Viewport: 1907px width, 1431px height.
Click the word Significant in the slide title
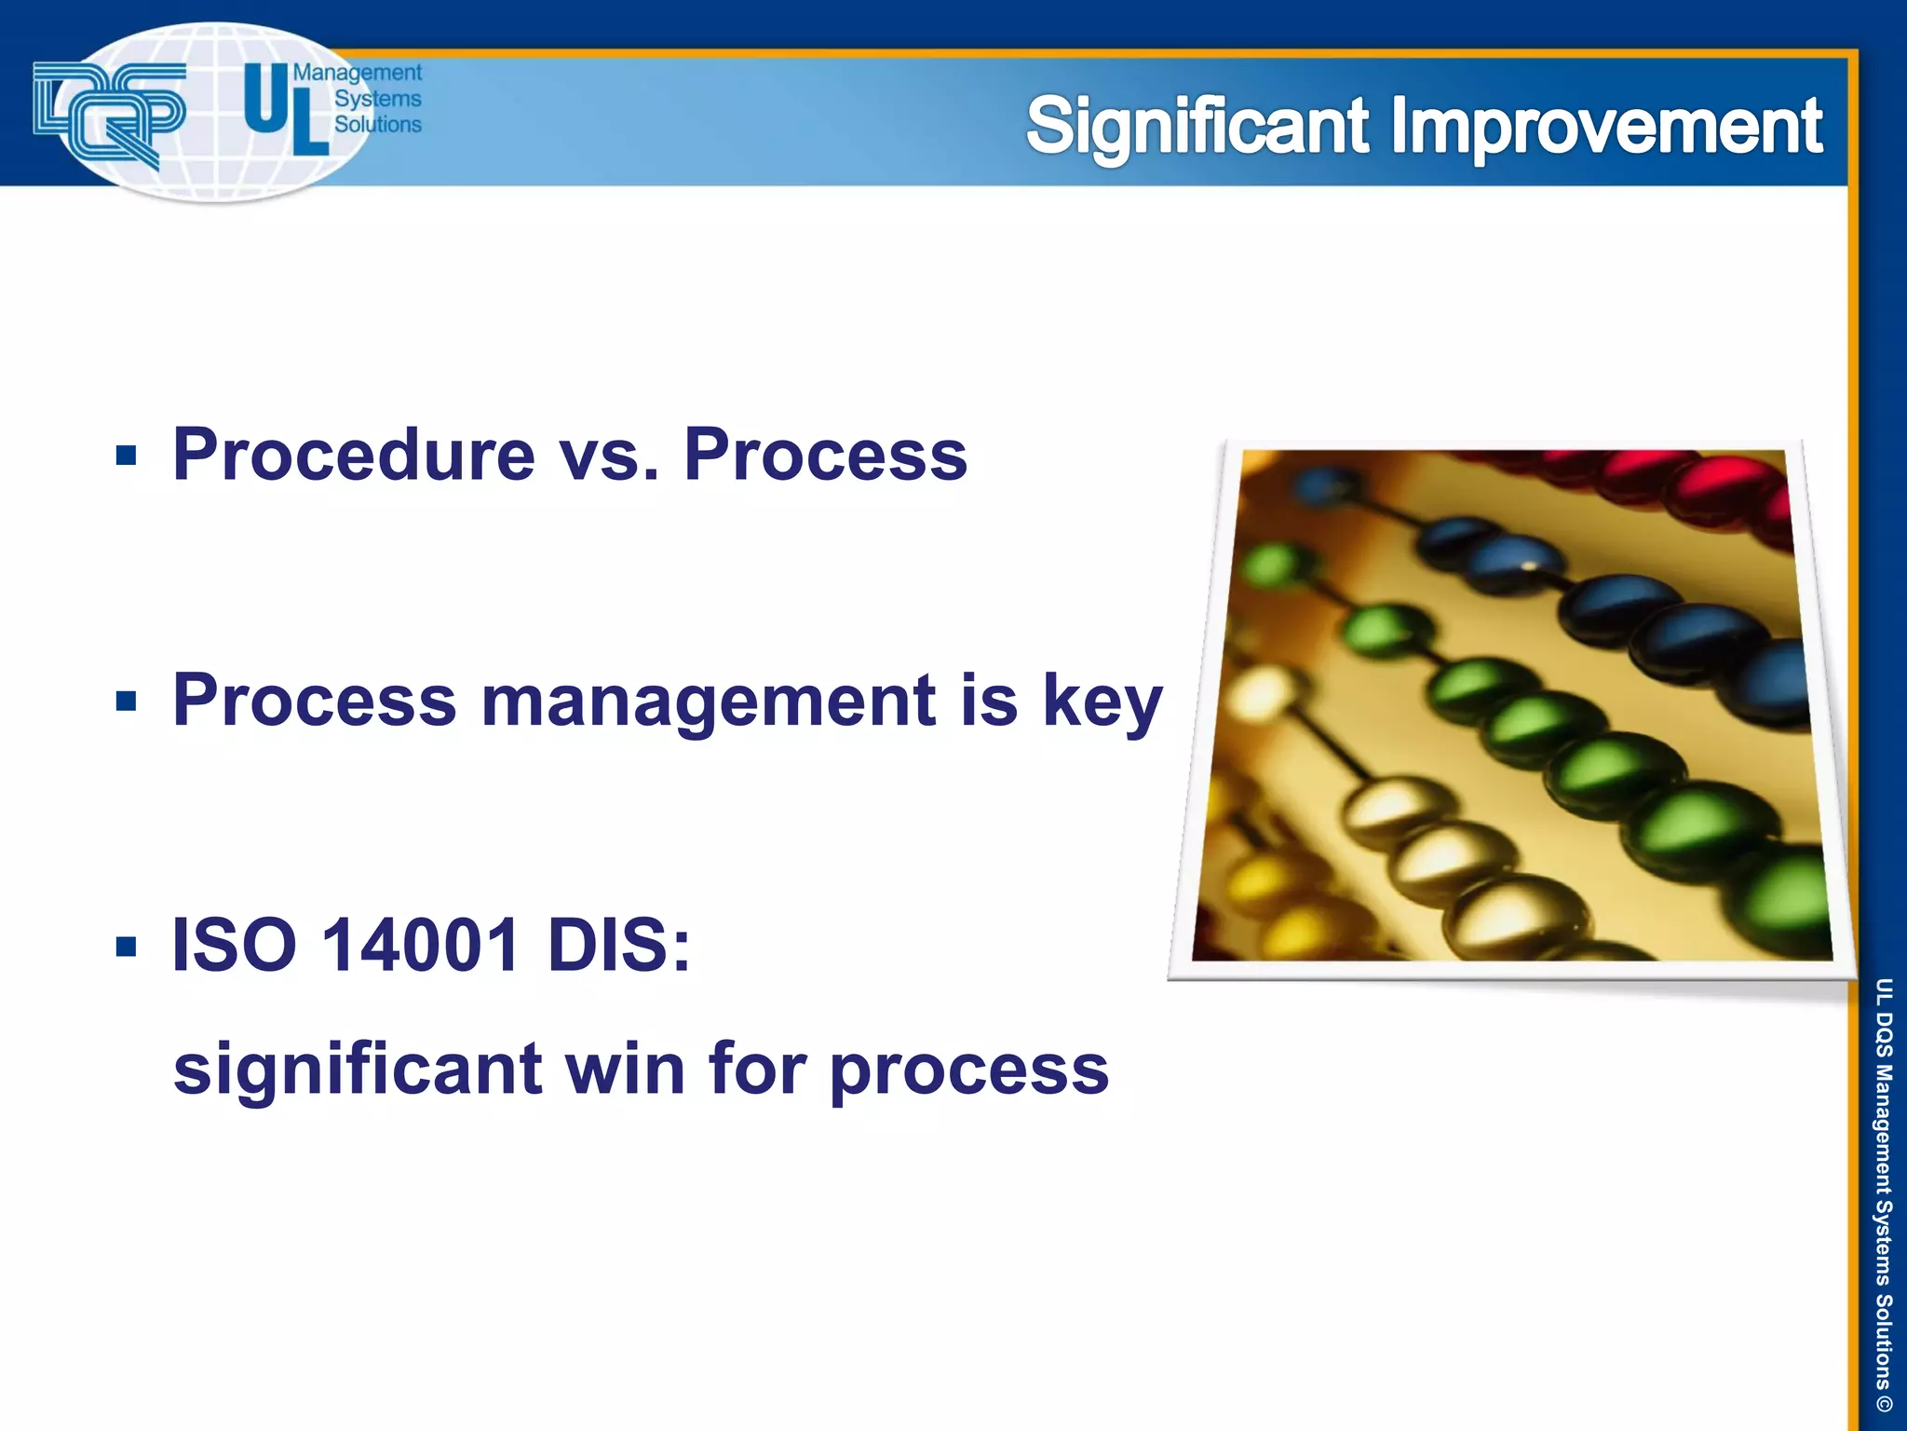[1197, 128]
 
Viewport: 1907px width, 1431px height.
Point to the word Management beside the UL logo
[358, 73]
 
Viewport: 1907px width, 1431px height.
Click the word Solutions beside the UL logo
[377, 124]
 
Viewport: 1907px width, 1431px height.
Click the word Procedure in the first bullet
[354, 455]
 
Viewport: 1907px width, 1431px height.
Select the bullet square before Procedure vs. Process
[127, 456]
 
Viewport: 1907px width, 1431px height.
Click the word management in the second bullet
[708, 701]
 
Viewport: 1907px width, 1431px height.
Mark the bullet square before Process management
[127, 701]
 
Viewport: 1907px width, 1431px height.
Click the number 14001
[420, 945]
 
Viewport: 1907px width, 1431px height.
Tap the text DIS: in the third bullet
[619, 945]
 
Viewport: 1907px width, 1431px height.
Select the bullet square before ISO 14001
[127, 947]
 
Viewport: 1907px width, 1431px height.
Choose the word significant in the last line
[358, 1070]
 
